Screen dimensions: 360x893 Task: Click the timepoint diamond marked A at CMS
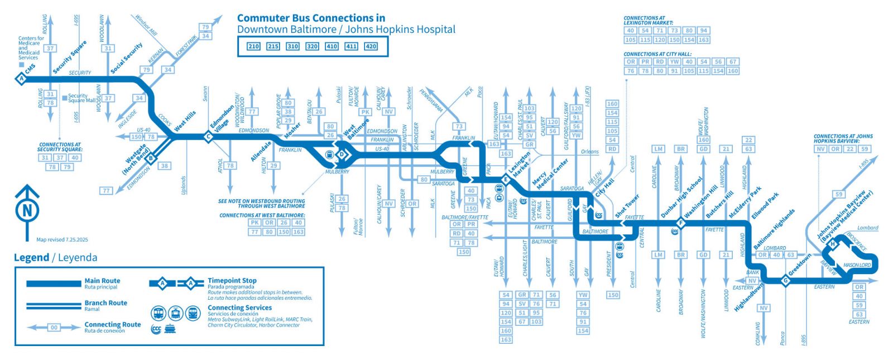(21, 79)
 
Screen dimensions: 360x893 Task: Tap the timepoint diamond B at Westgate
(150, 159)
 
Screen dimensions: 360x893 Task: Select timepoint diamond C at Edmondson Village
(208, 136)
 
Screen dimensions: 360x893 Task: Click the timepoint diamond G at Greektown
(785, 281)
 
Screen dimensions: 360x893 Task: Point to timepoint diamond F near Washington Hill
(680, 223)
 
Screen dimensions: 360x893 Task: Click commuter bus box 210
(253, 46)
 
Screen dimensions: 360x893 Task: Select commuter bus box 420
(371, 46)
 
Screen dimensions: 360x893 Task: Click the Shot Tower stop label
(627, 206)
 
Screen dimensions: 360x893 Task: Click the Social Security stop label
(127, 58)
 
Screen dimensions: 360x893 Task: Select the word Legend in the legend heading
(31, 257)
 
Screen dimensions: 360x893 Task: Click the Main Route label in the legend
(102, 281)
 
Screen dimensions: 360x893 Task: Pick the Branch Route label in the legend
(105, 303)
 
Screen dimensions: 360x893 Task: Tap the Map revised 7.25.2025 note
(62, 239)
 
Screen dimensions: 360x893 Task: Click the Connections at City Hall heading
(650, 54)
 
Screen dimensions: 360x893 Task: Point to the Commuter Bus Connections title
(311, 18)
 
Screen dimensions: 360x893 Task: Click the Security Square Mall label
(81, 98)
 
